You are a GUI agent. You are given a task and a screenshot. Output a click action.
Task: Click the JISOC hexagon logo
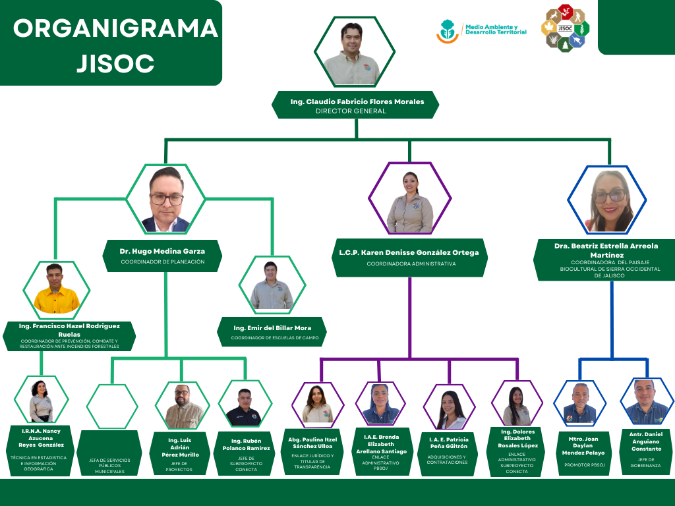[565, 28]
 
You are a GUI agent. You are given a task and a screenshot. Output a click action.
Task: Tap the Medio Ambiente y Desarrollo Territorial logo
[483, 30]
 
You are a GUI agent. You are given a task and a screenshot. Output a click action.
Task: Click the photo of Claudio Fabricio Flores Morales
[355, 52]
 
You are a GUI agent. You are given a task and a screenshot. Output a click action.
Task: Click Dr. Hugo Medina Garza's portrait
[165, 198]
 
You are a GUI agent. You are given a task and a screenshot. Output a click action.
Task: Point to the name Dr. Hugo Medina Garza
[162, 251]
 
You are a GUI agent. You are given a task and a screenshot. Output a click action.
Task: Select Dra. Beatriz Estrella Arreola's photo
[608, 199]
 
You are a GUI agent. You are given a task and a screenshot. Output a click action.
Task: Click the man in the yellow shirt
[57, 290]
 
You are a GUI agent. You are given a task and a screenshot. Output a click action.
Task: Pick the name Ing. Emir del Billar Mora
[272, 327]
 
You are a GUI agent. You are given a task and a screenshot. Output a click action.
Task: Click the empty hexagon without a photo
[112, 406]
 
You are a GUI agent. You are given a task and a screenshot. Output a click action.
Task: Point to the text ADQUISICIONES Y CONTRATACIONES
[448, 459]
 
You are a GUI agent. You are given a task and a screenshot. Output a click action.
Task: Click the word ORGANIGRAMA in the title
[115, 28]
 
